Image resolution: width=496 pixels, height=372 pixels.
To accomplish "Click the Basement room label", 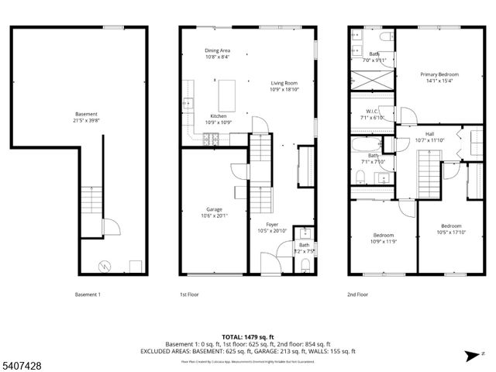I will point(87,114).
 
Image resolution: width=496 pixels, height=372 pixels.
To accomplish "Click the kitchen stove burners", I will point(211,139).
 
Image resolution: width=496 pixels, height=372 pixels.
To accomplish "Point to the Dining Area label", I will point(217,50).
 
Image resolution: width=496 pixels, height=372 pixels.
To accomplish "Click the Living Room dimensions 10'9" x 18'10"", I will point(284,89).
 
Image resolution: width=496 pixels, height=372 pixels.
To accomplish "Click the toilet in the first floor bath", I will point(305,265).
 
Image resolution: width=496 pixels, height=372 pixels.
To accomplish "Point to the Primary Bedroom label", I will point(439,74).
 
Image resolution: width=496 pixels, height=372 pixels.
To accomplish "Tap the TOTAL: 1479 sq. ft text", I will point(247,337).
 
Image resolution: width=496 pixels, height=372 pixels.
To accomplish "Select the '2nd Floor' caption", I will point(358,294).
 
